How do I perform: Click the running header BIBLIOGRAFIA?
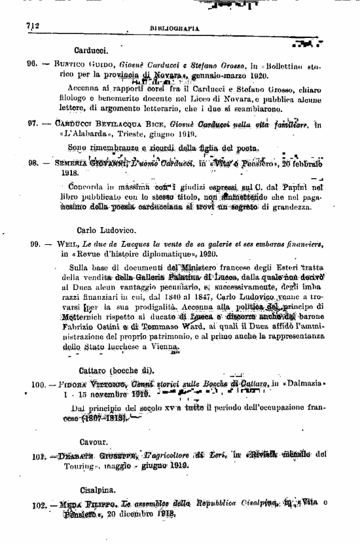tap(175, 29)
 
